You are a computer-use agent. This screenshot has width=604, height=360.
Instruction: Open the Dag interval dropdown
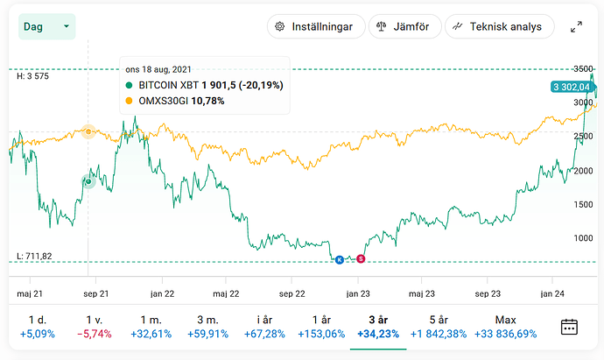pyautogui.click(x=46, y=27)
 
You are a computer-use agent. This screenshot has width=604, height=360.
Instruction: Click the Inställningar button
pyautogui.click(x=315, y=27)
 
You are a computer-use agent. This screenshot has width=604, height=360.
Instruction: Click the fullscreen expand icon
pyautogui.click(x=576, y=27)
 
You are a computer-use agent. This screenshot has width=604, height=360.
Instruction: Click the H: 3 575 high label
pyautogui.click(x=32, y=77)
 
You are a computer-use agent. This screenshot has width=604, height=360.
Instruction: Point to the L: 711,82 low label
pyautogui.click(x=35, y=256)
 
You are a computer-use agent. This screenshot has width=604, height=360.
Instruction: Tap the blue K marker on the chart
pyautogui.click(x=341, y=259)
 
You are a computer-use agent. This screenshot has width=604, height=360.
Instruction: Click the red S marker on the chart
pyautogui.click(x=361, y=259)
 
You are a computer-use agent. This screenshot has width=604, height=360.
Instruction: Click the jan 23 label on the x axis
pyautogui.click(x=357, y=293)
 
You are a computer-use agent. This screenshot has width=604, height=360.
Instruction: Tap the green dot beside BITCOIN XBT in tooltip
pyautogui.click(x=130, y=85)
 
